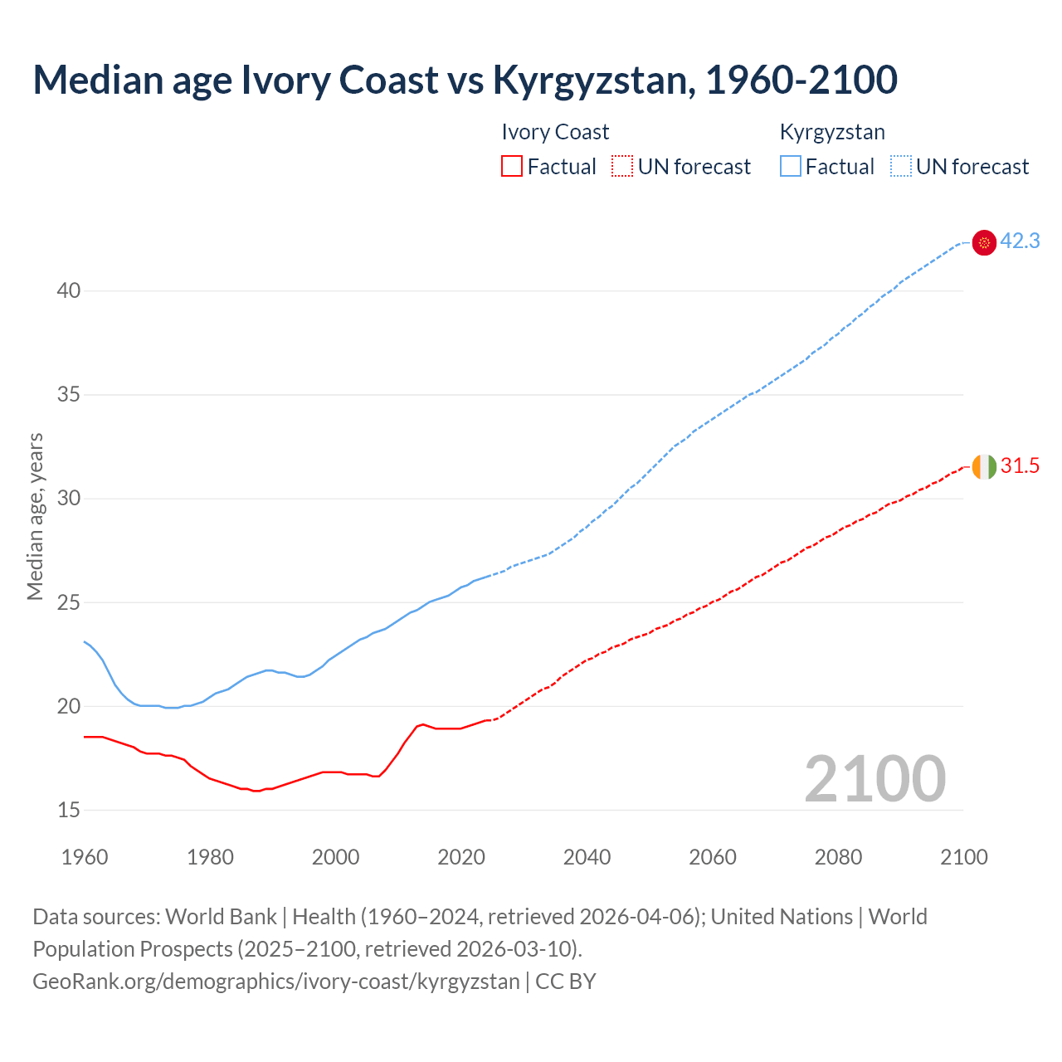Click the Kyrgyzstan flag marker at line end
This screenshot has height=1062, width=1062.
984,242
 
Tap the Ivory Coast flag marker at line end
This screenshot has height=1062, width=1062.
984,466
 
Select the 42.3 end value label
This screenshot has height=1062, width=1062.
1020,241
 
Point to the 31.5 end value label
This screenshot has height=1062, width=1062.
1020,466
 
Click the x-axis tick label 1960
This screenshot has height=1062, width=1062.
85,857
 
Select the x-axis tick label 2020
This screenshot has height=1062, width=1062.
461,857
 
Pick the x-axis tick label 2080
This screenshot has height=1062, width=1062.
838,857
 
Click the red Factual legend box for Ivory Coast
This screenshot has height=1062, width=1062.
512,167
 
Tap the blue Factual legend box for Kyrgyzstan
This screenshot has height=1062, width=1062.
790,167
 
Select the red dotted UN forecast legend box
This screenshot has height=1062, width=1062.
622,167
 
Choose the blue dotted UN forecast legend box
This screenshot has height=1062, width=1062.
900,167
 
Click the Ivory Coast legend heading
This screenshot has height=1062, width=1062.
555,132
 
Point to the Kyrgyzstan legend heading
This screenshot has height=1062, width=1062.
832,132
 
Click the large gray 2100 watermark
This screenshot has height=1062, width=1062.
874,779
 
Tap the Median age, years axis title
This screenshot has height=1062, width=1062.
35,516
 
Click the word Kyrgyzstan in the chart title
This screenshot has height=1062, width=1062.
589,80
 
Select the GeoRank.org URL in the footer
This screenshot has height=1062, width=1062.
275,982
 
